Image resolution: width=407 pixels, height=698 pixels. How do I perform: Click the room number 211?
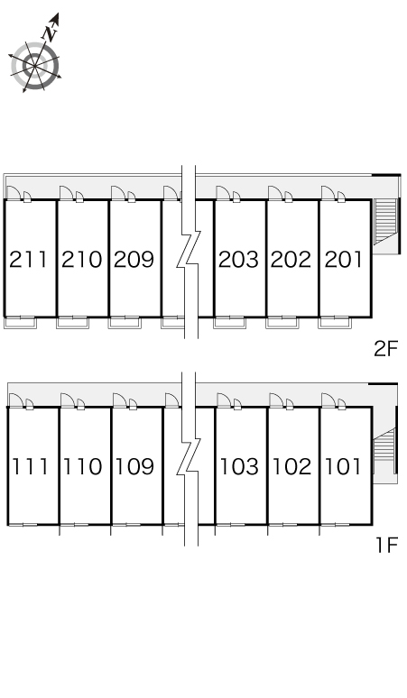28,260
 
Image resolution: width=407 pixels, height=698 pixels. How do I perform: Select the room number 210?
81,260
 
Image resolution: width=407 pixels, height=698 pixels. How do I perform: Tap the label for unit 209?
134,260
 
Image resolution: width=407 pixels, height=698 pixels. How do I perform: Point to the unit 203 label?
238,260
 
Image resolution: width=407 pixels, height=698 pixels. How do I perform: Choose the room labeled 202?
291,260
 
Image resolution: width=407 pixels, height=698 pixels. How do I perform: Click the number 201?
343,260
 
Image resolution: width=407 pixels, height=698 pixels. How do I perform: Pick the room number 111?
30,466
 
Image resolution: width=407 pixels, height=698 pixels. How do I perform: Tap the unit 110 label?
83,466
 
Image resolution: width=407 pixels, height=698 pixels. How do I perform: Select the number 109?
135,466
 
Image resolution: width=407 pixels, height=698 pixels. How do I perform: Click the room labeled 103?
239,466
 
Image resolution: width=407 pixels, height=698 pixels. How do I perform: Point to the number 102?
291,466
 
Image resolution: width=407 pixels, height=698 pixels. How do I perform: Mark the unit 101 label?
343,466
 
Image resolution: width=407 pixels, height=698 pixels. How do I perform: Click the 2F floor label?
385,349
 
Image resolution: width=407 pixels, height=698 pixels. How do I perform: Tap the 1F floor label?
386,545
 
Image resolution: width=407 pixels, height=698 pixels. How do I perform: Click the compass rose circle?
34,66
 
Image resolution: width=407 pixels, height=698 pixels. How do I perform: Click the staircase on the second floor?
384,221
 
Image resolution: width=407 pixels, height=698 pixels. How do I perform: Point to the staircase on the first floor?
384,451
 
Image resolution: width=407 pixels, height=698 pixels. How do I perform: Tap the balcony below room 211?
20,323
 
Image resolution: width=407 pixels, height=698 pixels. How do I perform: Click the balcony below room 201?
335,323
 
